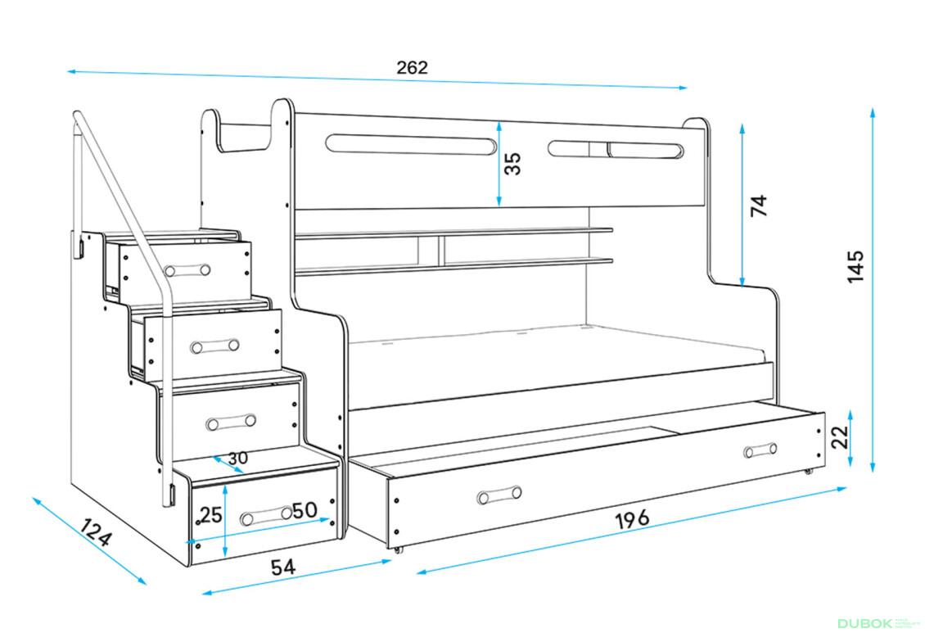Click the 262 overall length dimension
pyautogui.click(x=412, y=68)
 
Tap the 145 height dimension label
pyautogui.click(x=855, y=266)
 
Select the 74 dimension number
pyautogui.click(x=760, y=205)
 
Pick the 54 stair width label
pyautogui.click(x=282, y=566)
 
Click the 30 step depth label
pyautogui.click(x=237, y=459)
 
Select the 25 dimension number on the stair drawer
pyautogui.click(x=210, y=515)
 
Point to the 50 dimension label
pyautogui.click(x=305, y=510)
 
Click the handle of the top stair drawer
pyautogui.click(x=187, y=269)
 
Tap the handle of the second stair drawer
pyautogui.click(x=214, y=346)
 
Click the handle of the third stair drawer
pyautogui.click(x=230, y=423)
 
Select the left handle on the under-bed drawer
pyautogui.click(x=499, y=495)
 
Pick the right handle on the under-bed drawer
pyautogui.click(x=760, y=450)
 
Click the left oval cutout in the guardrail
pyautogui.click(x=411, y=144)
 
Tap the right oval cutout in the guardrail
pyautogui.click(x=616, y=150)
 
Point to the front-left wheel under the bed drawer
pyautogui.click(x=399, y=549)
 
